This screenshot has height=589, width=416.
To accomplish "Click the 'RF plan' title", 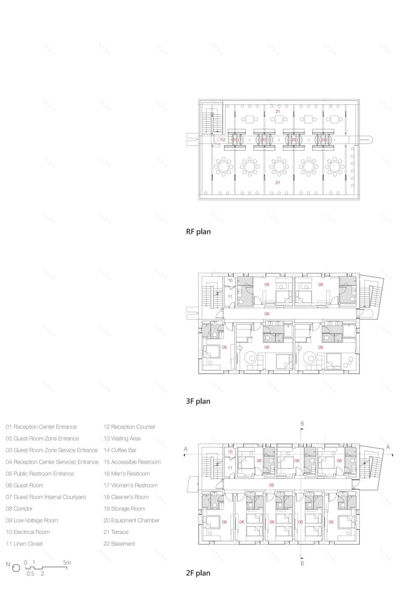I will [x=198, y=232].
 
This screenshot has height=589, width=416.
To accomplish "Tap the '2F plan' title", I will [x=198, y=573].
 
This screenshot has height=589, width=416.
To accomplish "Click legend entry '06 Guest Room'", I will [x=25, y=485].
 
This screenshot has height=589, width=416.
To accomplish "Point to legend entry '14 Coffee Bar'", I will [x=120, y=450].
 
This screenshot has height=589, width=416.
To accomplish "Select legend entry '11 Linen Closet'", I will [x=25, y=544].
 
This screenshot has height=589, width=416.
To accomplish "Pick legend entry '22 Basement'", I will [x=119, y=544].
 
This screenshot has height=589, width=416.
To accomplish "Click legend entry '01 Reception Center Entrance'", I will [x=41, y=427].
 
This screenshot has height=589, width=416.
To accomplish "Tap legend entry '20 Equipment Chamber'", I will [x=131, y=520].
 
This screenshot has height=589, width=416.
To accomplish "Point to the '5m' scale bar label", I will [x=67, y=562].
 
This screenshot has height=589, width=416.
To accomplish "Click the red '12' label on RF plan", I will [x=223, y=140].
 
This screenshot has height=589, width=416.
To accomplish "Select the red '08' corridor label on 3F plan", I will [x=267, y=313].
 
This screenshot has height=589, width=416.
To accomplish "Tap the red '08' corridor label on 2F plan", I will [x=271, y=485].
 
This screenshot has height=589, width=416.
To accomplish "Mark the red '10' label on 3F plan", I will [x=230, y=281].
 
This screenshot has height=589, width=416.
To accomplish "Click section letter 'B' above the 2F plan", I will [x=302, y=422].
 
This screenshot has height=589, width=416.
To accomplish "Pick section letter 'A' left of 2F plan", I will [x=186, y=447].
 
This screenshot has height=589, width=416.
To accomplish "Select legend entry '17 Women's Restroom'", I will [x=130, y=485].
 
